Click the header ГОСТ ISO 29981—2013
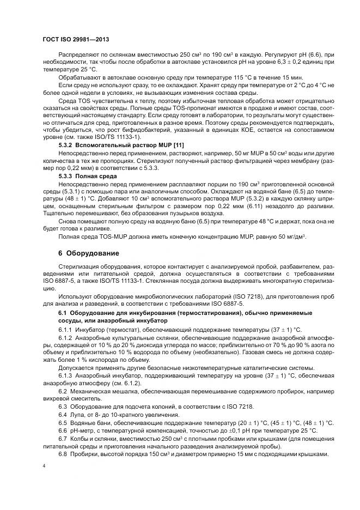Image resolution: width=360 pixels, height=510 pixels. pyautogui.click(x=72, y=40)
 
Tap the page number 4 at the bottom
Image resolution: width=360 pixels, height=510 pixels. pyautogui.click(x=44, y=466)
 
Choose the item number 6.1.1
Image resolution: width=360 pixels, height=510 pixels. pyautogui.click(x=66, y=331)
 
